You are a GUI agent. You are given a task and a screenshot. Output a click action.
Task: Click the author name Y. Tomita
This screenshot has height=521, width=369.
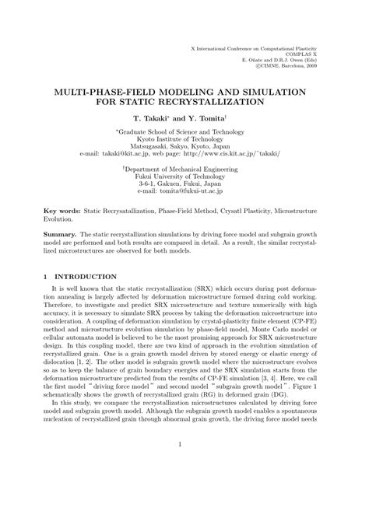click(206, 120)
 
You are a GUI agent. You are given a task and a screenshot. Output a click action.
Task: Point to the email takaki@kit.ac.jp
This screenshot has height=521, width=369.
click(127, 154)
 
